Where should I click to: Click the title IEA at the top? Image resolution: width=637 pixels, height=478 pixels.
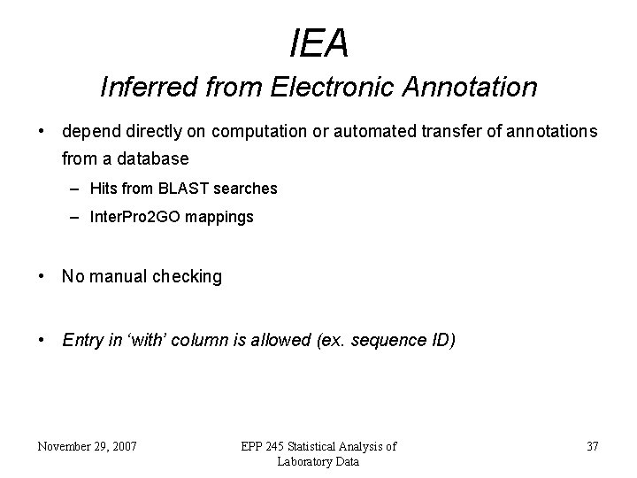[x=318, y=43]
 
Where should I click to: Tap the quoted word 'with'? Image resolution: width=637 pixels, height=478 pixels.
[x=139, y=339]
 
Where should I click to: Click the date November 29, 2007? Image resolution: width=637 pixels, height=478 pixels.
[x=87, y=446]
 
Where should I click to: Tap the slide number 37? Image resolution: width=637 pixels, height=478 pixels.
[x=592, y=446]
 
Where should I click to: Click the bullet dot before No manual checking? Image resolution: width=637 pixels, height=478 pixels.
[x=42, y=276]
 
